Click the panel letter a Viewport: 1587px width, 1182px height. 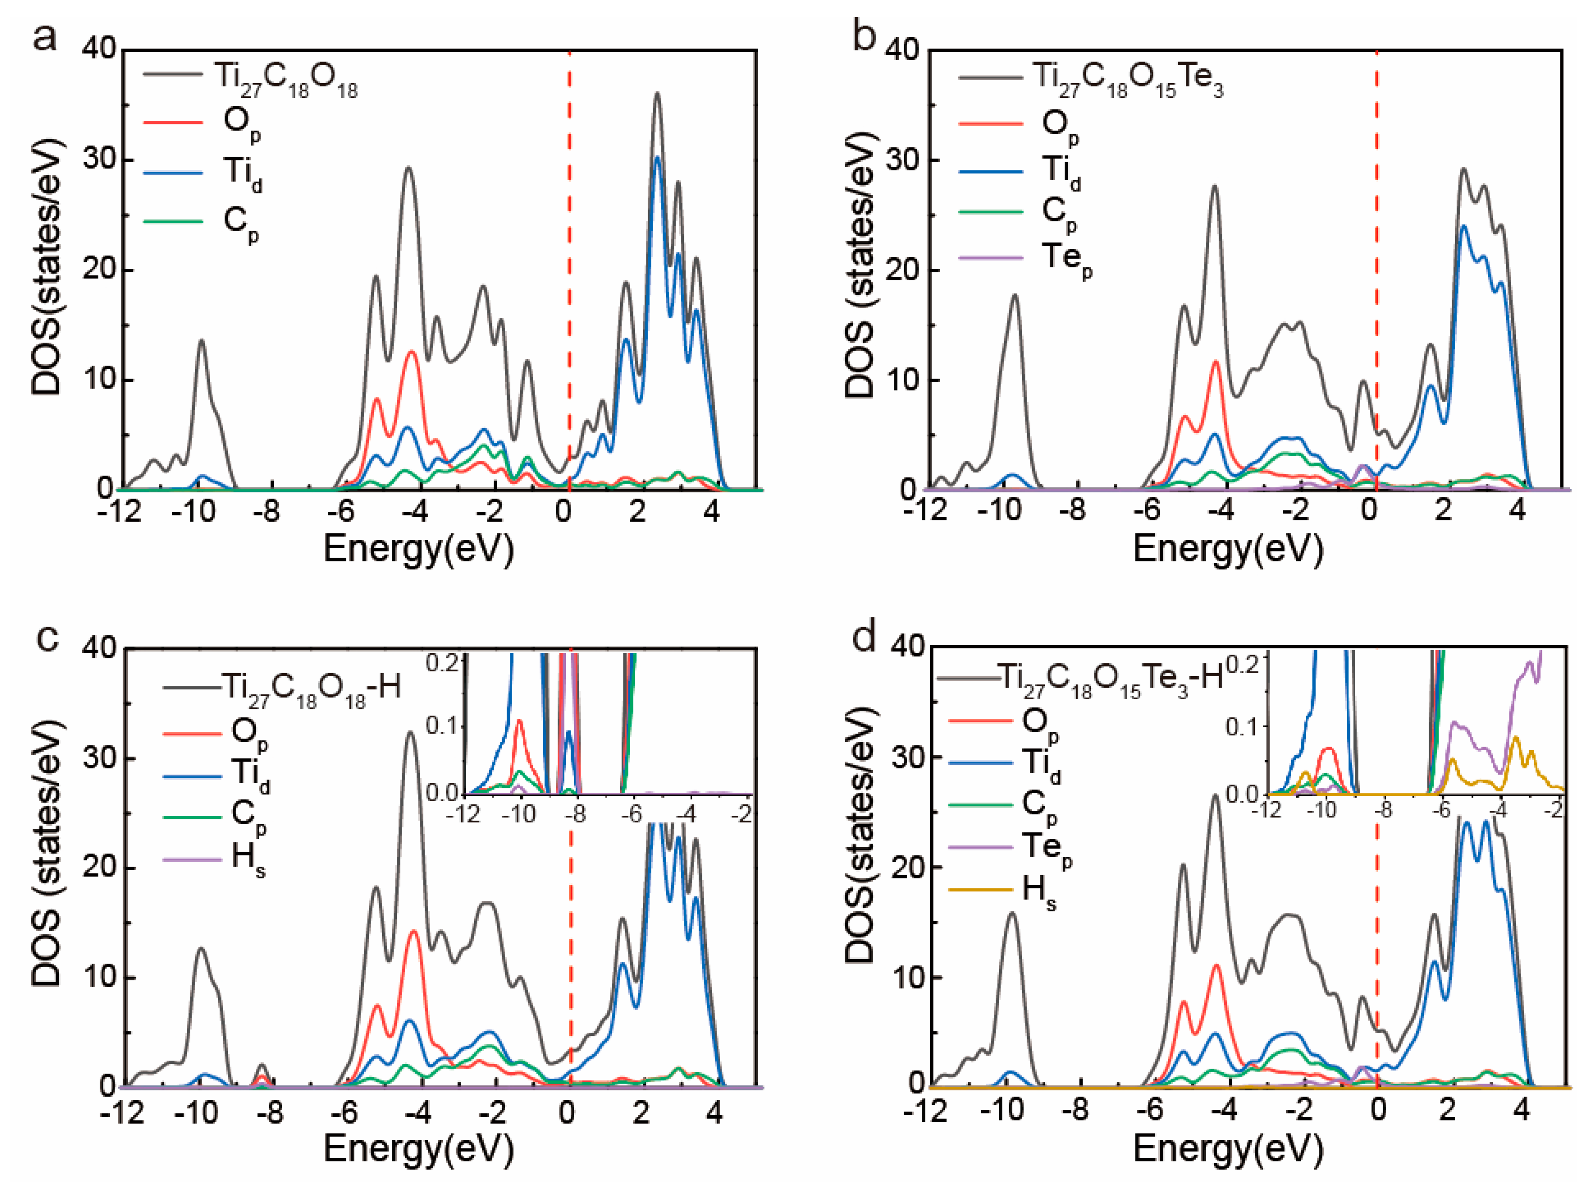[45, 37]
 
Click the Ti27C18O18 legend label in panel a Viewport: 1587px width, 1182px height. [286, 79]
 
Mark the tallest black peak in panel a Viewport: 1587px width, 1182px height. [657, 94]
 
